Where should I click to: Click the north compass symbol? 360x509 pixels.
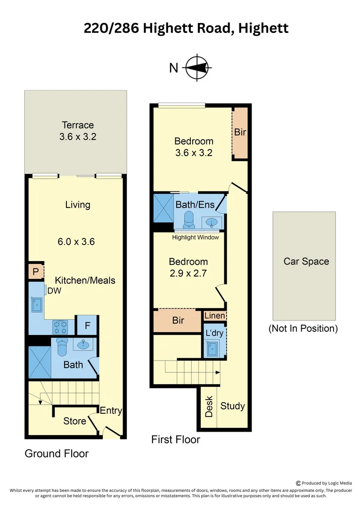(197, 68)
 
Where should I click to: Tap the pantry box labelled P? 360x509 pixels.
(35, 272)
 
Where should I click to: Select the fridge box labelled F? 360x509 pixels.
(87, 325)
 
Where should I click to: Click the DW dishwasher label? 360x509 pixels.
(54, 291)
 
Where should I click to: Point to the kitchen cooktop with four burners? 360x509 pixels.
(60, 326)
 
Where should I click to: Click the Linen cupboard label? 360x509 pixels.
(214, 316)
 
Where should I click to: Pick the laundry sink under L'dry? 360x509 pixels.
(213, 349)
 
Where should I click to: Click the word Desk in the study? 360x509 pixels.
(209, 406)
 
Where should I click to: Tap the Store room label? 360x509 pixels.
(74, 421)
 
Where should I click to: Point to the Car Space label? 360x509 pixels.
(306, 262)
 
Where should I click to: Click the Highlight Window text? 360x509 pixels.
(195, 238)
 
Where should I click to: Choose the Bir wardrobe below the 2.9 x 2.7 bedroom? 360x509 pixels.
(178, 321)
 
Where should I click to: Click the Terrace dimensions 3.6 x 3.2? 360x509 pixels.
(78, 137)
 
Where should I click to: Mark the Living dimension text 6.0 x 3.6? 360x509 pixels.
(77, 242)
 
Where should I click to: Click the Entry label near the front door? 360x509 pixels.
(111, 410)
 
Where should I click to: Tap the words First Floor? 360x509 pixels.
(175, 440)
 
